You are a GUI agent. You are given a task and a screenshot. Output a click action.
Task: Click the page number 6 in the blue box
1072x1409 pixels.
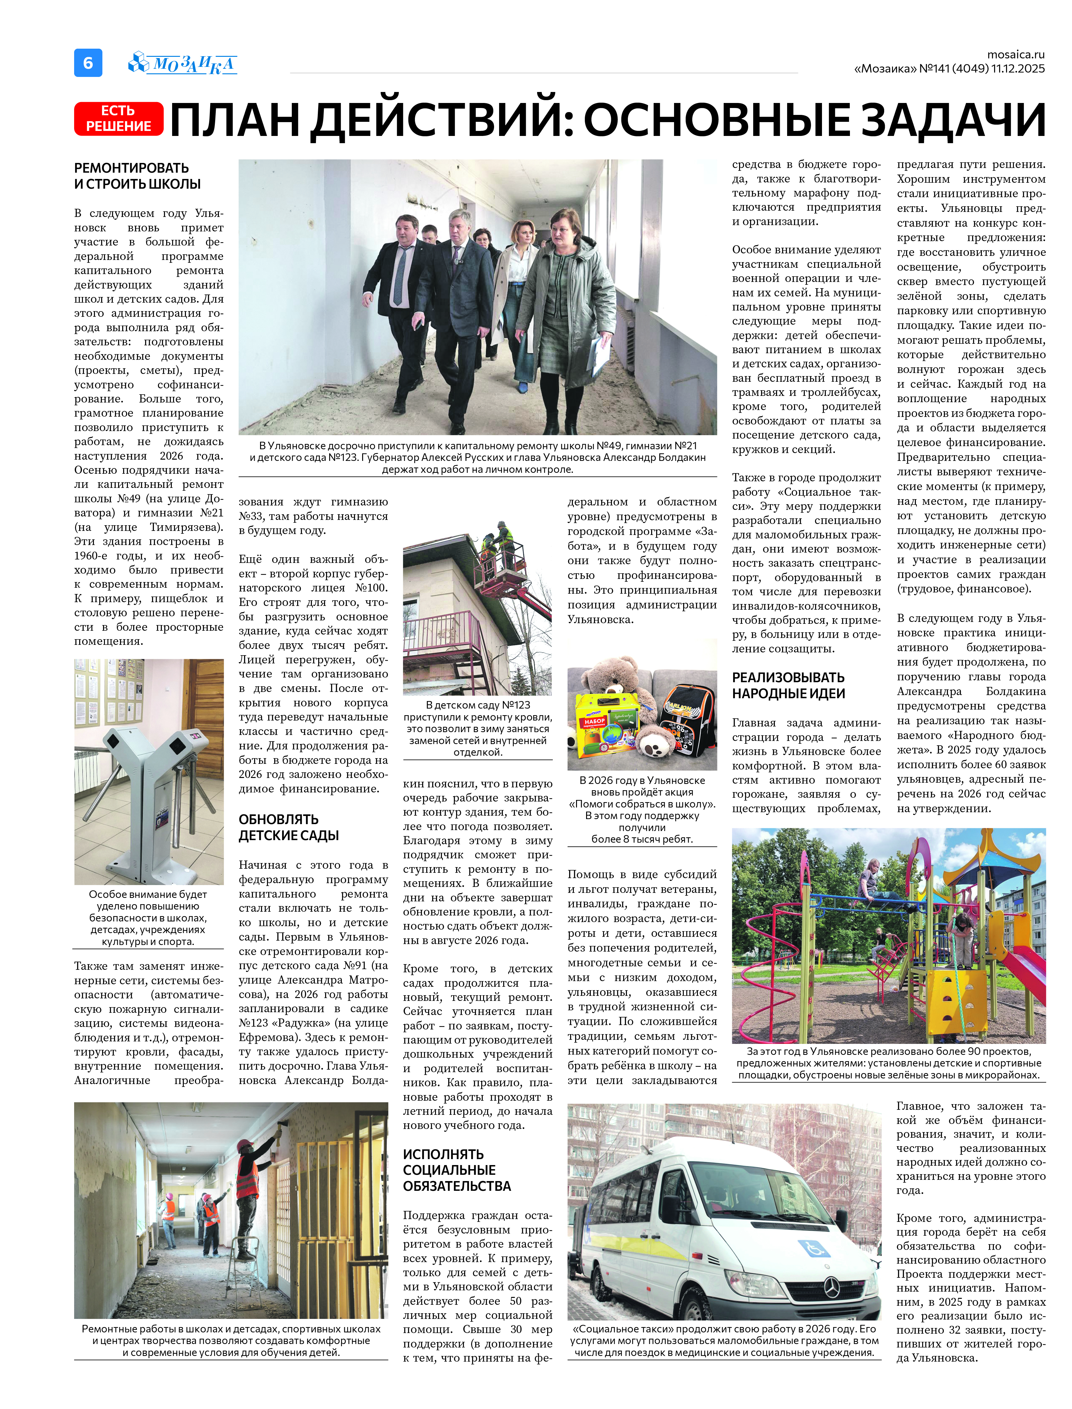point(88,63)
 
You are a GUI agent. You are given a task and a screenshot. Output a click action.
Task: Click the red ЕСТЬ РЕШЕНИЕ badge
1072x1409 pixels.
point(119,119)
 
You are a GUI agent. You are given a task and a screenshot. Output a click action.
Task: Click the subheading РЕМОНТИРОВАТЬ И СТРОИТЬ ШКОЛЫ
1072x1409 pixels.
point(137,176)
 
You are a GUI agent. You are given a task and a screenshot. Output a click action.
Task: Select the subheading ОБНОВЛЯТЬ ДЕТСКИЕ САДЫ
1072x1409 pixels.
point(288,827)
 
